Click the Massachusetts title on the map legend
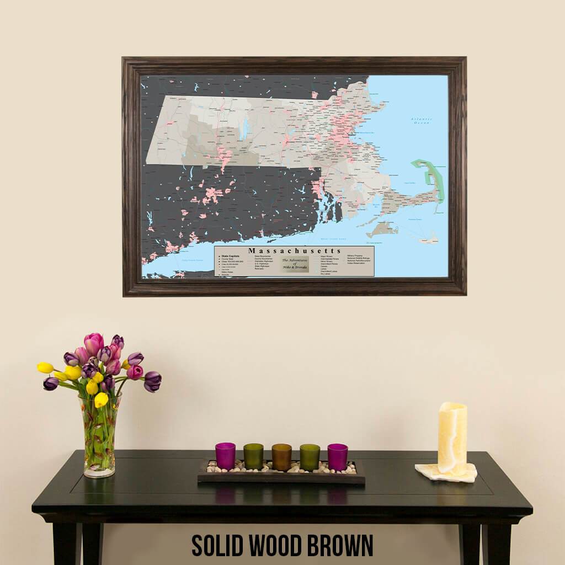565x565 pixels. tap(294, 251)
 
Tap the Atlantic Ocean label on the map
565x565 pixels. tap(421, 121)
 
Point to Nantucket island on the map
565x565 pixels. tap(428, 238)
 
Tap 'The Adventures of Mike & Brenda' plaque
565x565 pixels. tap(295, 264)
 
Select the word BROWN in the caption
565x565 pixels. tap(339, 545)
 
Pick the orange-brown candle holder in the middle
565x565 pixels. tap(281, 457)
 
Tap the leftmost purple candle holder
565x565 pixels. tap(225, 456)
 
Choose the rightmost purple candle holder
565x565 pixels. tap(337, 457)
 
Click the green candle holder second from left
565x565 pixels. tap(253, 456)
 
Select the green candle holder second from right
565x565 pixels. tap(310, 457)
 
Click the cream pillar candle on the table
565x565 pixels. tap(452, 438)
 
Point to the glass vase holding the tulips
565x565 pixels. tap(100, 441)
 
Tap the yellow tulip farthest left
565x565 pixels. tap(45, 367)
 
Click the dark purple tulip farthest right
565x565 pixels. tap(153, 380)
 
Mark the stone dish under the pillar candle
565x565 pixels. tap(446, 473)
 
